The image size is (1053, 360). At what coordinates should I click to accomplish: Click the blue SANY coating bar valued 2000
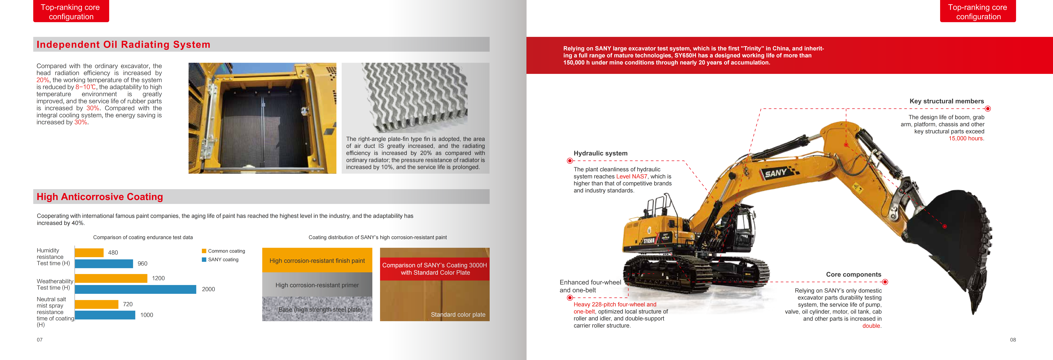pos(135,289)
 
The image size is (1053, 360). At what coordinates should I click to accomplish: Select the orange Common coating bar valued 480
pos(89,253)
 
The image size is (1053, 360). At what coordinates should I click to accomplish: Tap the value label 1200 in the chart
pos(158,278)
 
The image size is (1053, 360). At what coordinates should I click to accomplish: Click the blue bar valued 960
pos(104,264)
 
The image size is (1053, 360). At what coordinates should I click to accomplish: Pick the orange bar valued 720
pos(96,304)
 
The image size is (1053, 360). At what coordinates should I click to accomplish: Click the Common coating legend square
pos(204,251)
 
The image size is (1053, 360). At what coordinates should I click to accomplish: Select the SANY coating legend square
pos(204,259)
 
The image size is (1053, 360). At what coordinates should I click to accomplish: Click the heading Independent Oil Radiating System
pos(123,45)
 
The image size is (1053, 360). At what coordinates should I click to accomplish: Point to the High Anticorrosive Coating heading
pos(100,197)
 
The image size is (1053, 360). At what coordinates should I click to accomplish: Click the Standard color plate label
pos(458,315)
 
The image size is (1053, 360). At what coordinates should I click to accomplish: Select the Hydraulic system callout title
pos(600,153)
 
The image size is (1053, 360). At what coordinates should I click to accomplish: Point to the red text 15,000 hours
pos(966,138)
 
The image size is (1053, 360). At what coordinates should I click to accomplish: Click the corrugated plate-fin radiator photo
pos(415,96)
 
